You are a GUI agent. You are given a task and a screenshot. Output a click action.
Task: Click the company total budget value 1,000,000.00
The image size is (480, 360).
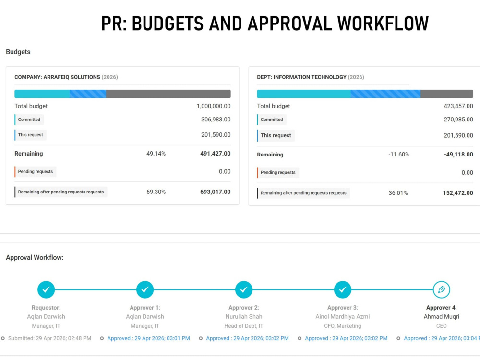214,106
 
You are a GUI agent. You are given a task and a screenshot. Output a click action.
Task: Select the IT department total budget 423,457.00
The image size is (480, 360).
458,106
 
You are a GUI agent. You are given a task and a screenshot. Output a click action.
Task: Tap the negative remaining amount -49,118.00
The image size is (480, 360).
458,154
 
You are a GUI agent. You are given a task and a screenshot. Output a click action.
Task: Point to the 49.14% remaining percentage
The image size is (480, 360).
156,154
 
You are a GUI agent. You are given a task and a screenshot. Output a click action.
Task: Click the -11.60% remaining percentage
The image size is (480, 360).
398,154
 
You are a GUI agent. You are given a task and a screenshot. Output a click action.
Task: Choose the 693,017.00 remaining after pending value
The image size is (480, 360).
215,192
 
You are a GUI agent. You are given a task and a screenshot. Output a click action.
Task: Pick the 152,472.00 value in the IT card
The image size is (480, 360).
458,193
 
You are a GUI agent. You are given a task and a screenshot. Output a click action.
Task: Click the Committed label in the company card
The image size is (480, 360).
29,120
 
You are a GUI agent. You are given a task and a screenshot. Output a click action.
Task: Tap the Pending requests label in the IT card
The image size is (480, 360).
278,172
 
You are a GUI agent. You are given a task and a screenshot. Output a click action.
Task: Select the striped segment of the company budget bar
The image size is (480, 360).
88,94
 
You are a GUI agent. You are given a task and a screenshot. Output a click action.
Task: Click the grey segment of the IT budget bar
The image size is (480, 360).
446,94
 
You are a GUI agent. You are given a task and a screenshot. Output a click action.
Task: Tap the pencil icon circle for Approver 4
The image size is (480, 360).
442,289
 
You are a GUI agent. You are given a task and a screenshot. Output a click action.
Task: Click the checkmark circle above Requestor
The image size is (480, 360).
46,289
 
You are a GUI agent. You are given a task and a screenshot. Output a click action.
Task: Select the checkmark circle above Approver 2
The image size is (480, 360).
244,289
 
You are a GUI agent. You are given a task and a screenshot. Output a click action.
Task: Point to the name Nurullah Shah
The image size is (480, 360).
244,316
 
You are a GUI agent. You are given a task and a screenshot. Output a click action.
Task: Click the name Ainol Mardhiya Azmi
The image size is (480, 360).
343,316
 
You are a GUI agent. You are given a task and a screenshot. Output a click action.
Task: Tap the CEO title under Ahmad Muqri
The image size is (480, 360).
442,326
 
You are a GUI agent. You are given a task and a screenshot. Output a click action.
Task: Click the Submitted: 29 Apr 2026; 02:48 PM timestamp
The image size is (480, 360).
49,338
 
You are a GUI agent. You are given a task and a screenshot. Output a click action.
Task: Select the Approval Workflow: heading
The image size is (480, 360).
35,257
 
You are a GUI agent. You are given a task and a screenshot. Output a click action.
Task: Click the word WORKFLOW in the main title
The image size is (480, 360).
383,24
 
